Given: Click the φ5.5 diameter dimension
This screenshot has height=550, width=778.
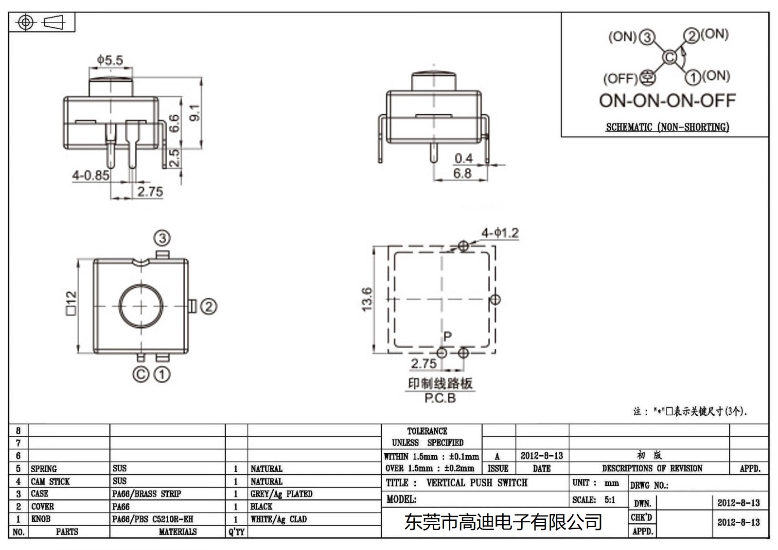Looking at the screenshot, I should (110, 60).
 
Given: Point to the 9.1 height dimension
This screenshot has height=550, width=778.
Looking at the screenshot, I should (194, 113).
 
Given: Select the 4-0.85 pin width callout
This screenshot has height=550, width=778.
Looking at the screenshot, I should (90, 175).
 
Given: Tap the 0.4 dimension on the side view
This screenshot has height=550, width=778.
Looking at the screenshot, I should (463, 158).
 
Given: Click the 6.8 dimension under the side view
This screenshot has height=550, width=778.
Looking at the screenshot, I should (462, 173).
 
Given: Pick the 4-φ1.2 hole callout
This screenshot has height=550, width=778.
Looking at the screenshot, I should (500, 233).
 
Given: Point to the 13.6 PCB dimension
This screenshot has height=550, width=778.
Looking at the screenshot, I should (367, 299).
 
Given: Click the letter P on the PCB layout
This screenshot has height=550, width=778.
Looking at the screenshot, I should (447, 336).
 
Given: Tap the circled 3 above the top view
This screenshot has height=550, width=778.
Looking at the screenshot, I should (162, 238).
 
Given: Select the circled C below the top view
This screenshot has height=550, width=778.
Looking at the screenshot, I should (141, 374).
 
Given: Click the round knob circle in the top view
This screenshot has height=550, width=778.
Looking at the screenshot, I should (141, 306).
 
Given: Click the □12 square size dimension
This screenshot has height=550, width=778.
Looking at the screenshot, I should (71, 303).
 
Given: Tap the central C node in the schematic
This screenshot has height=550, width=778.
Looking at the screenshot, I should (670, 57).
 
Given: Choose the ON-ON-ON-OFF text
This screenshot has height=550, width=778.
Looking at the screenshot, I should (667, 101).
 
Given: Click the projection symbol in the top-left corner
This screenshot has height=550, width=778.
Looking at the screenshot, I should (42, 22).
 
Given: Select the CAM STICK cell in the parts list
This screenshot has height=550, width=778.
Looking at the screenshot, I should (51, 481).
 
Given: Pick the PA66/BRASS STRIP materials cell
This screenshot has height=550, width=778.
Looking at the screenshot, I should (146, 494).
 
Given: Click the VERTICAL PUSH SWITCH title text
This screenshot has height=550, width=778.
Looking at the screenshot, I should (477, 483).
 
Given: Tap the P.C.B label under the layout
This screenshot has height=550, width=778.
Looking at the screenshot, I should (440, 398).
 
